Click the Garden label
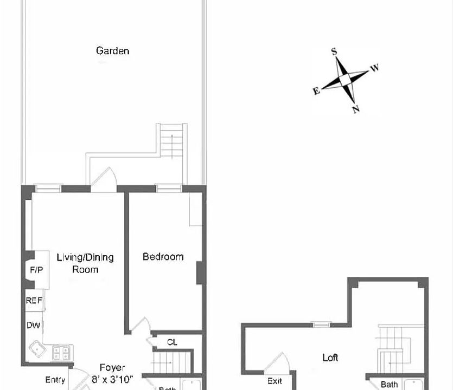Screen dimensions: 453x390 (x=113, y=51)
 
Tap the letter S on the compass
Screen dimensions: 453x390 (x=334, y=51)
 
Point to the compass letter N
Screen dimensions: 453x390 (x=356, y=109)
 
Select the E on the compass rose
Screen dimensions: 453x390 (x=316, y=91)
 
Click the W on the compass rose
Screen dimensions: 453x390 (x=374, y=68)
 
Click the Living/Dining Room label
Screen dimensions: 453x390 (x=85, y=263)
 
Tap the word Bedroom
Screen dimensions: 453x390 (x=163, y=257)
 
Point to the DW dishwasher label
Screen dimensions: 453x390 (x=33, y=326)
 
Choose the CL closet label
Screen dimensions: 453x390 (x=171, y=342)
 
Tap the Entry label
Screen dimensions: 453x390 (x=55, y=380)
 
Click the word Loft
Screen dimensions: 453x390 (x=330, y=357)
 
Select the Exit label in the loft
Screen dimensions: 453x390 (x=275, y=381)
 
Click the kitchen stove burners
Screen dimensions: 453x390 (x=61, y=354)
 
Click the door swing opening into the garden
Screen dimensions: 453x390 (x=104, y=179)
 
